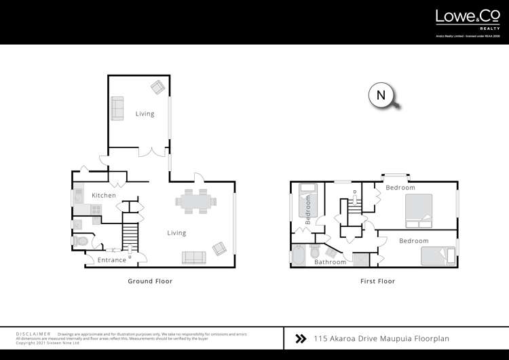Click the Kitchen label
point(104,196)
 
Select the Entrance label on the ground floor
point(112,260)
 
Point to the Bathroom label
point(331,262)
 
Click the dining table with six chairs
point(196,202)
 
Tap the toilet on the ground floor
point(82,240)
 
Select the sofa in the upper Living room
point(117,109)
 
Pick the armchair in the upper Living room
point(157,87)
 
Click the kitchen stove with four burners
point(96,210)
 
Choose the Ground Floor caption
point(150,281)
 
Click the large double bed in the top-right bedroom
point(418,211)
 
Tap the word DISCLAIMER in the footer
point(33,334)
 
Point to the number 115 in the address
point(321,338)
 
